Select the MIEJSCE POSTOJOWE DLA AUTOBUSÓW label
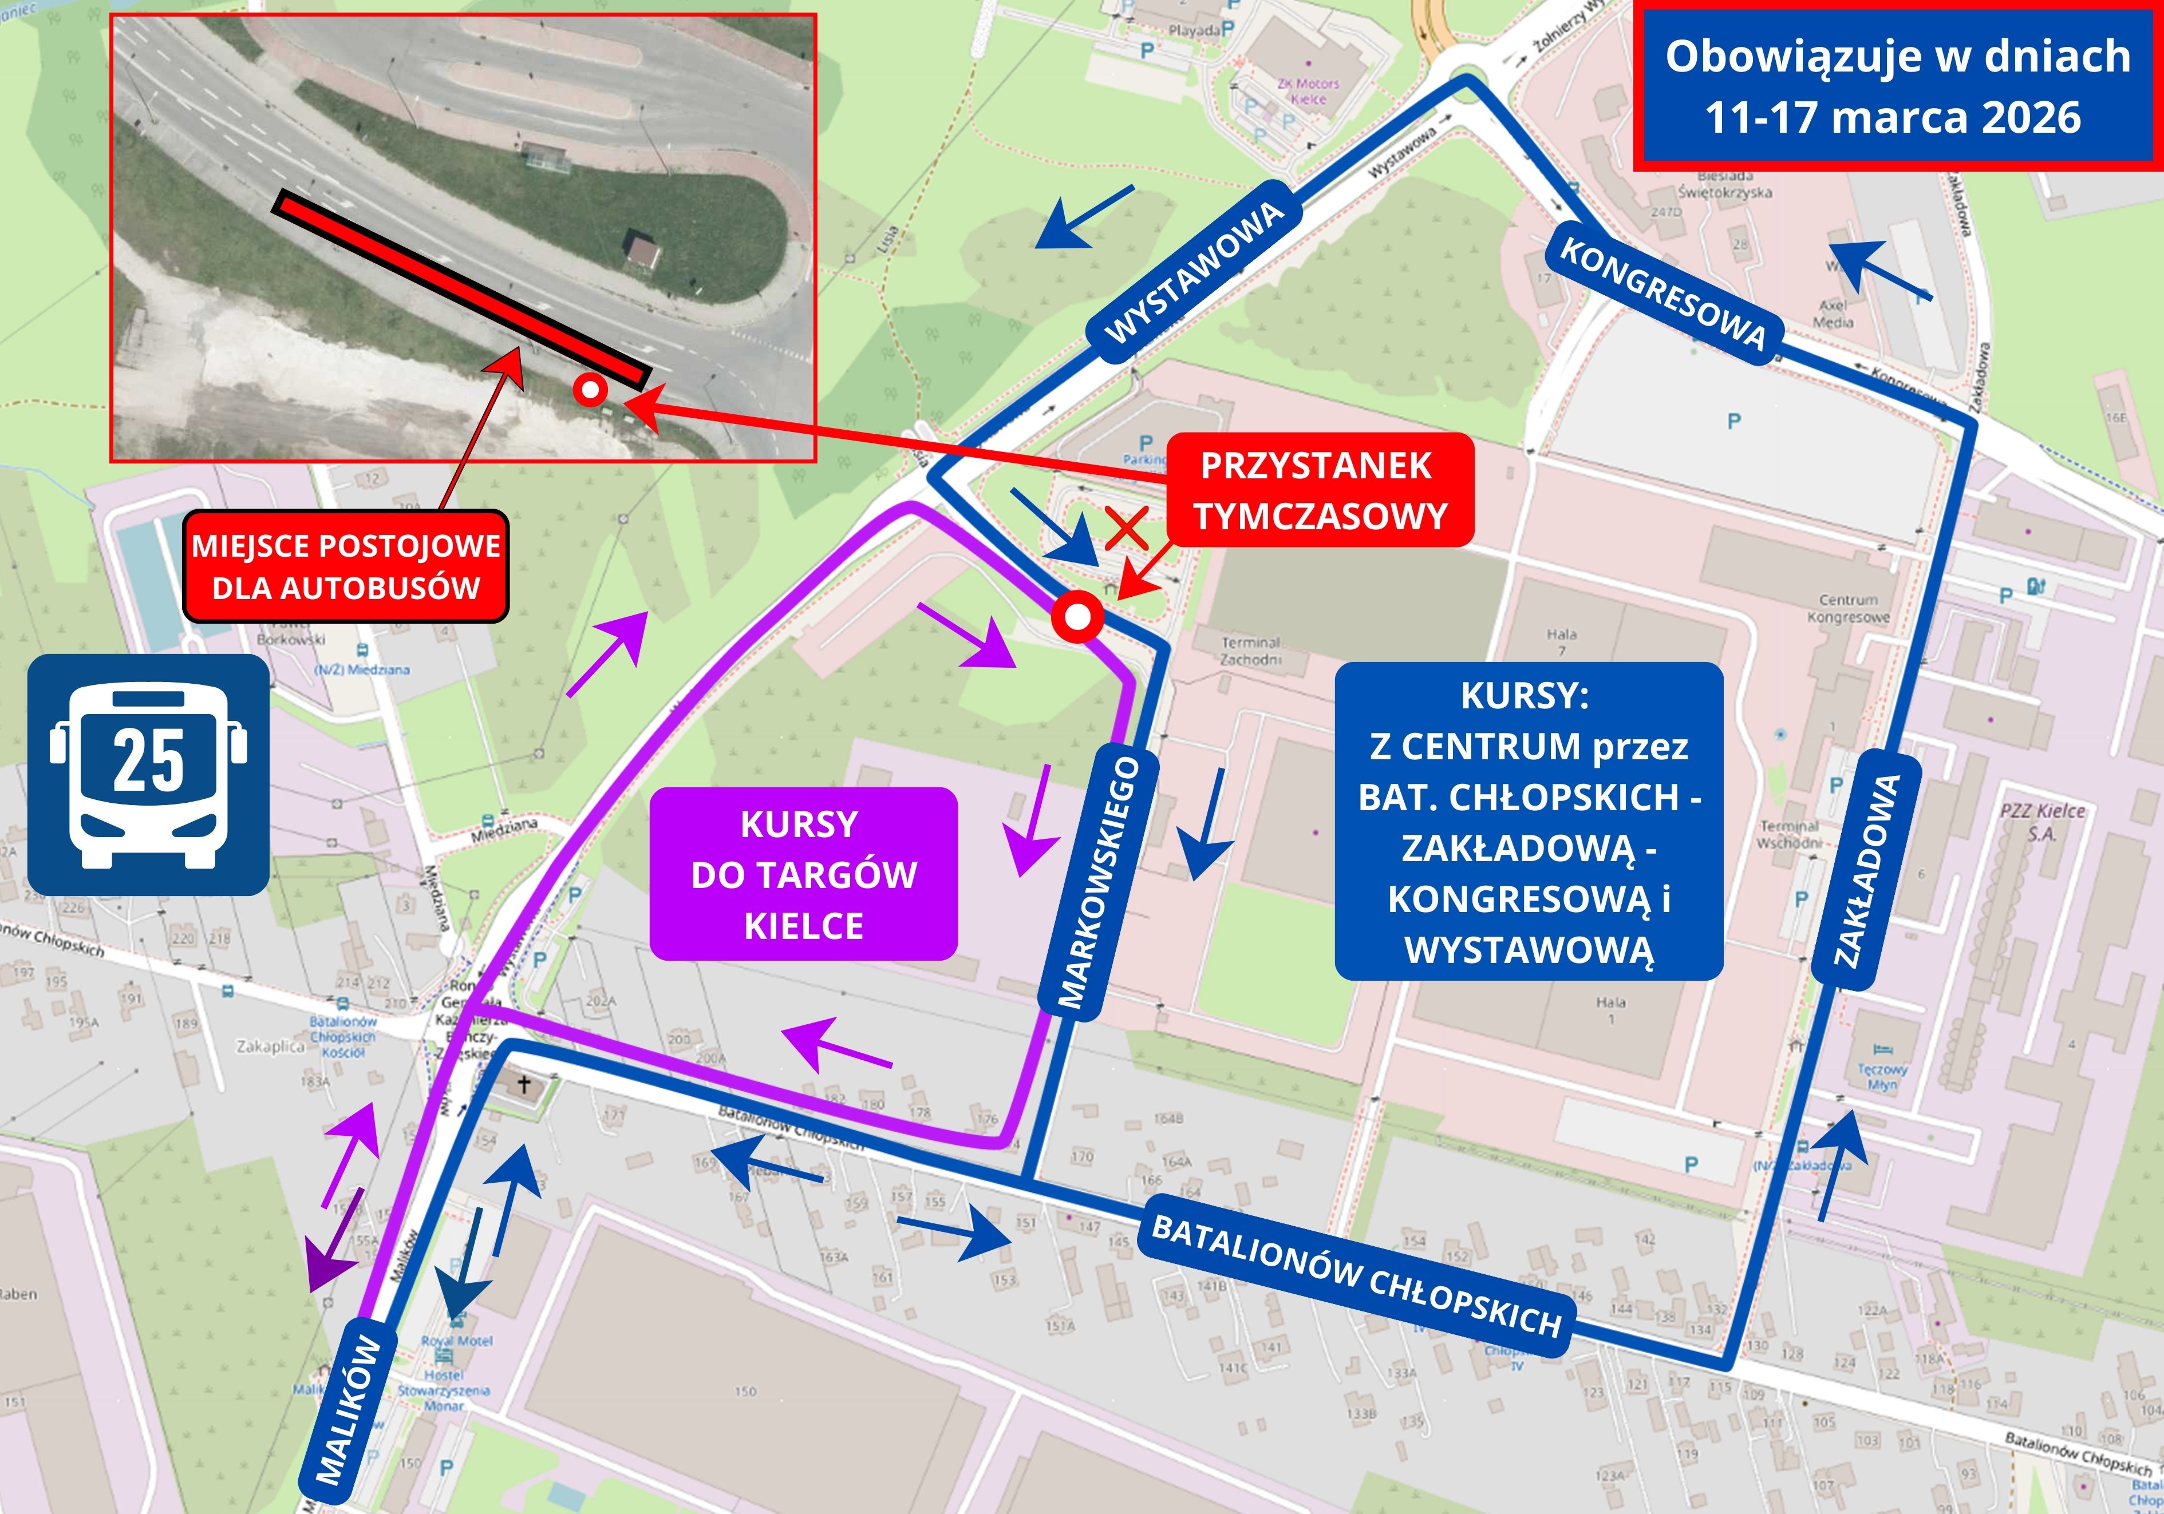[346, 566]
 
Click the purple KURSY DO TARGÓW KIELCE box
[803, 874]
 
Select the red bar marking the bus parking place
[460, 289]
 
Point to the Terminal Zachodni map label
[1251, 650]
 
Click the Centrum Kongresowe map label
[1848, 609]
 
